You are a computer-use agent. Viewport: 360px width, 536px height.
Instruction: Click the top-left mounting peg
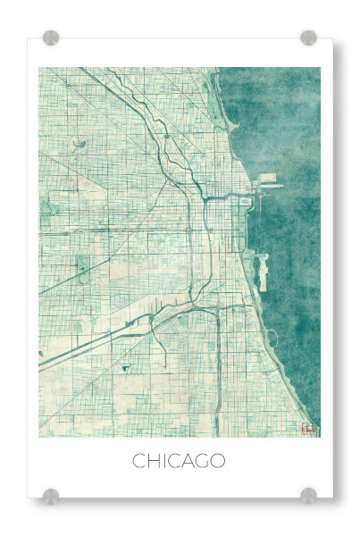click(51, 38)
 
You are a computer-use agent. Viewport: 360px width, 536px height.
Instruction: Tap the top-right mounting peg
click(308, 38)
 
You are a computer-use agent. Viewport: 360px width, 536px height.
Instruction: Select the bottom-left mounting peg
click(51, 495)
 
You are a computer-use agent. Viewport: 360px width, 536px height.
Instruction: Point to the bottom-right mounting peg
click(308, 495)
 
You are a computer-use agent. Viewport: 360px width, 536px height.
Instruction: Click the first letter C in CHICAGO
click(139, 462)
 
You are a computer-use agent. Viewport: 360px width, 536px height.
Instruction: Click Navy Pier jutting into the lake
click(268, 186)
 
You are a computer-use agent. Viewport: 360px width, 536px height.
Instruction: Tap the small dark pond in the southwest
click(125, 367)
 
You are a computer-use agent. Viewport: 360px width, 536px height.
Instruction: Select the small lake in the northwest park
click(81, 143)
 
